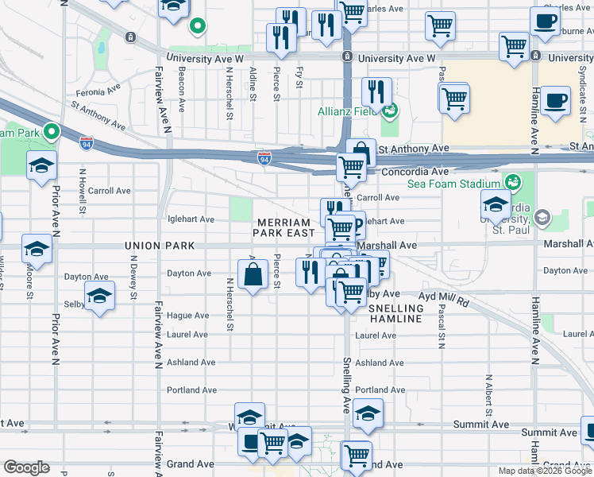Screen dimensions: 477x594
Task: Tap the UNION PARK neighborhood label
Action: click(155, 246)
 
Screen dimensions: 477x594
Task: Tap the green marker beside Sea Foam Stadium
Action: click(513, 183)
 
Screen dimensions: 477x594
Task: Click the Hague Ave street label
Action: click(188, 316)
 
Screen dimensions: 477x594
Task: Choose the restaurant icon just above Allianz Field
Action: click(377, 92)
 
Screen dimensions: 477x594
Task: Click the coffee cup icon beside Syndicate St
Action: click(556, 101)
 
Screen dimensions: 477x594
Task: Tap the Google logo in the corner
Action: click(26, 467)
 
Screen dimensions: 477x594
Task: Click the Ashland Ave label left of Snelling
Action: click(191, 363)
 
